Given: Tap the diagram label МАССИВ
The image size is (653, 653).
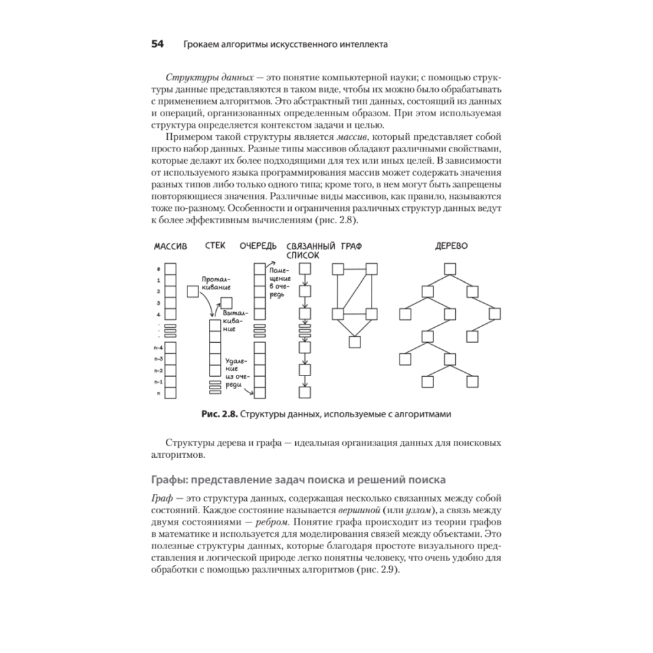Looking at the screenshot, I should pyautogui.click(x=170, y=247).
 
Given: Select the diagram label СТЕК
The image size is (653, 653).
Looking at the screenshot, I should pyautogui.click(x=215, y=247).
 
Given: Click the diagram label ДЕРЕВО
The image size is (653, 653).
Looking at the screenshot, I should pyautogui.click(x=451, y=247).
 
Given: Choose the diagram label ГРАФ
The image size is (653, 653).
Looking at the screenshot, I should pyautogui.click(x=351, y=247).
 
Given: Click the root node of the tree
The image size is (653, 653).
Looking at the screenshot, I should pyautogui.click(x=449, y=268).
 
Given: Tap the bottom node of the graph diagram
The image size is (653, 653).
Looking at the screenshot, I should pyautogui.click(x=355, y=341).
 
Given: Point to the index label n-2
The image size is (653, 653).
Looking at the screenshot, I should pyautogui.click(x=157, y=370).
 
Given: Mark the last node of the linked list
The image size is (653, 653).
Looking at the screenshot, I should pyautogui.click(x=304, y=392).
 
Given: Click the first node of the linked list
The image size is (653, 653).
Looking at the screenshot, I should pyautogui.click(x=304, y=268).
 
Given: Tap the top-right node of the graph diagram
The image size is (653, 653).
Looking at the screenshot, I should pyautogui.click(x=372, y=268).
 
